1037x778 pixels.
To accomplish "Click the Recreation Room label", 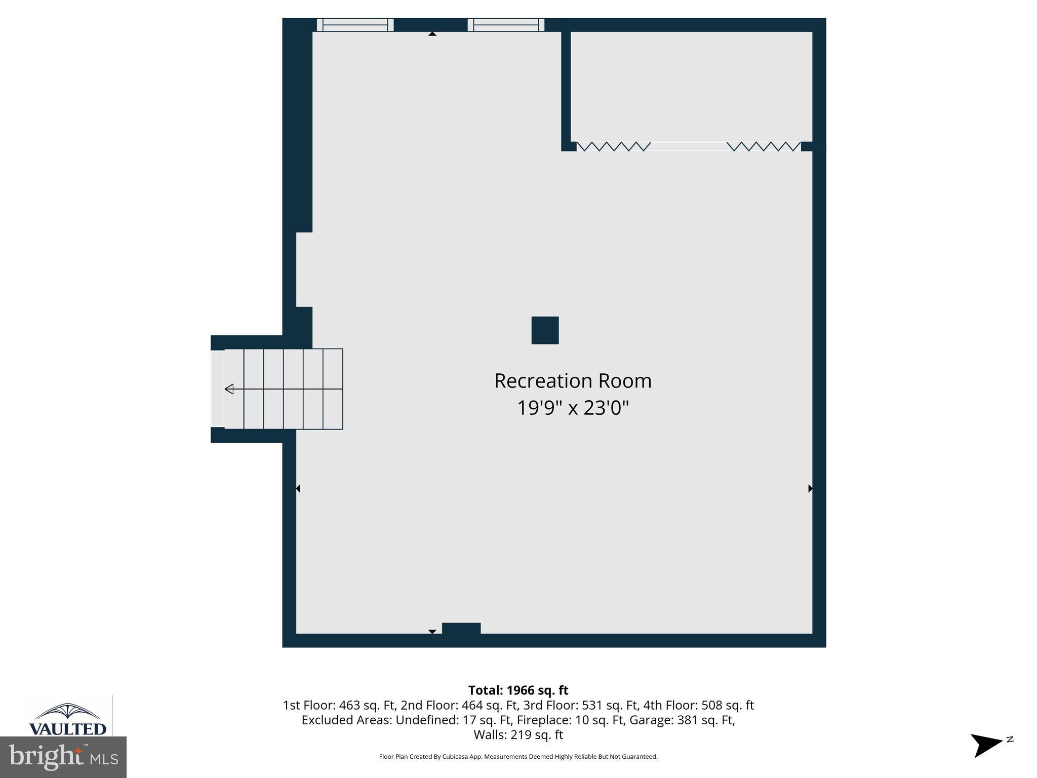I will pos(573,381).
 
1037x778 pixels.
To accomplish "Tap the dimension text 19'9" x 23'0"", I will pos(573,408).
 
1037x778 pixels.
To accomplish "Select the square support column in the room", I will pos(545,330).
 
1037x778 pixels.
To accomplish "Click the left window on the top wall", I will pos(355,25).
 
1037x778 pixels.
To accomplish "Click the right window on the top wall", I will pos(506,25).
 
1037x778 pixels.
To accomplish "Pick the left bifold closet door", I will pos(614,146).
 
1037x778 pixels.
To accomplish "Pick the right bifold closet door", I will pos(764,146).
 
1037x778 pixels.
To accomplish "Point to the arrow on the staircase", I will pos(229,389).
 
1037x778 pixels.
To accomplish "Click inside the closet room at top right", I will pos(691,86).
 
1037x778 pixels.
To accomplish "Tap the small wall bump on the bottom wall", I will pos(461,628).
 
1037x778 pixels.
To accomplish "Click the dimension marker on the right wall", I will pos(810,488).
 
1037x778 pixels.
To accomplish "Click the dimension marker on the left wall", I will pos(298,488).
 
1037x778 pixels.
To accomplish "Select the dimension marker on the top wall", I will pos(432,34).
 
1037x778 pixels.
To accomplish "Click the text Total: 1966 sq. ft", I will pos(518,690).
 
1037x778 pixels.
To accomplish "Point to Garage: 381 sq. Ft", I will pos(681,720).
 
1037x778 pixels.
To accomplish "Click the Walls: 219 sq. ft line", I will pos(518,734).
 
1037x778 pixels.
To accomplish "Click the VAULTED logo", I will pos(68,719).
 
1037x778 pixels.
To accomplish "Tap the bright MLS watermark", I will pos(63,757).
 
